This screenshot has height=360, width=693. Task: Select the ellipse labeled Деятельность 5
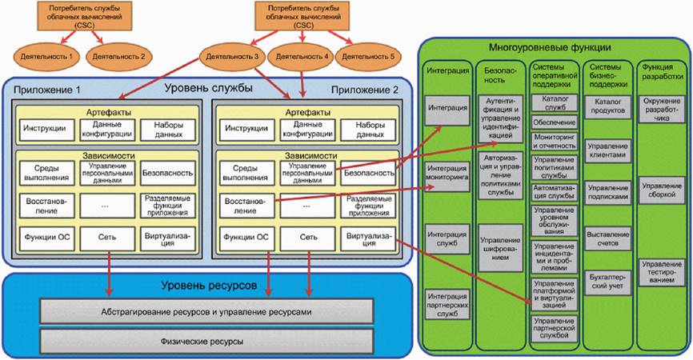370,58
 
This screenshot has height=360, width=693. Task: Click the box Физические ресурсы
206,342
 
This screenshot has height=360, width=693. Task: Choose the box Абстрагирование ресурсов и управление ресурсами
206,312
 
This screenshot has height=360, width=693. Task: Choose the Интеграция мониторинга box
447,173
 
